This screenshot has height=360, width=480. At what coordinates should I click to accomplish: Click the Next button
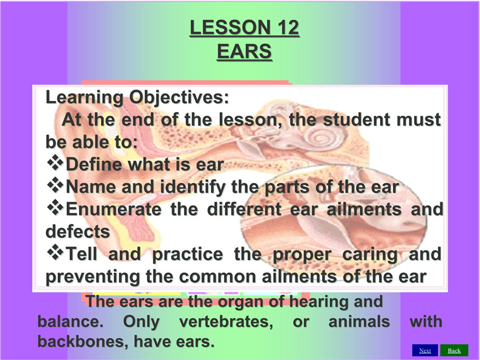(425, 351)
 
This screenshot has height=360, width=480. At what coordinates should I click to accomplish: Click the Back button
(454, 351)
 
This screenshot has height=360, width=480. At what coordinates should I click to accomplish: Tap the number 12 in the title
(288, 27)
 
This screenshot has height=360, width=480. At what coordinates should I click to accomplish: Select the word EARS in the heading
(244, 51)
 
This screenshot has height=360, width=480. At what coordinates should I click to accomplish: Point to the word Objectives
(179, 98)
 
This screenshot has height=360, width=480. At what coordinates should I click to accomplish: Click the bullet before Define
(55, 162)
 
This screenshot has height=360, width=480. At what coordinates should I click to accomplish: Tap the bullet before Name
(55, 185)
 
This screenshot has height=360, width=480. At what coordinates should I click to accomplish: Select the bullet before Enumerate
(55, 207)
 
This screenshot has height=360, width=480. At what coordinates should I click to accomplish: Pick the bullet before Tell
(55, 252)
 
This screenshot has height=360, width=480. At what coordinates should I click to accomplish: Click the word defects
(78, 231)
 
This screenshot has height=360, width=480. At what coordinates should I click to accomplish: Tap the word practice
(187, 255)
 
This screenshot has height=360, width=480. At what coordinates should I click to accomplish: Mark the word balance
(71, 321)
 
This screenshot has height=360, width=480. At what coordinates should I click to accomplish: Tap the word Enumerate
(113, 209)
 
